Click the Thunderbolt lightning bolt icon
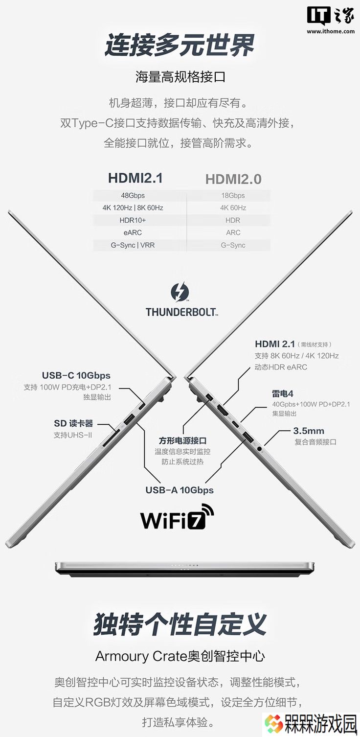coord(180,292)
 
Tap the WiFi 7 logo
coord(177,517)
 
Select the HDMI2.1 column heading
coord(135,178)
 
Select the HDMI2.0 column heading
coord(233,179)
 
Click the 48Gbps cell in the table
coord(133,195)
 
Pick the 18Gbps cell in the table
coord(233,195)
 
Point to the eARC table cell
coord(133,232)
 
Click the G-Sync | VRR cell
coord(133,245)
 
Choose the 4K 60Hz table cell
coord(233,208)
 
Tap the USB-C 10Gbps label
coord(76,375)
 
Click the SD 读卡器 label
coord(73,423)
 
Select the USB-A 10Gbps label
coord(180,490)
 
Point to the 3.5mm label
coord(309,431)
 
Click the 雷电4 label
coord(282,393)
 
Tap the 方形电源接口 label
coord(182,440)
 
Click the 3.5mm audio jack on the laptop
coord(259,448)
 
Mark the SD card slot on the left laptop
coord(112,438)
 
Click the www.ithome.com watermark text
coord(331,32)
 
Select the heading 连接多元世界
coord(180,45)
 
